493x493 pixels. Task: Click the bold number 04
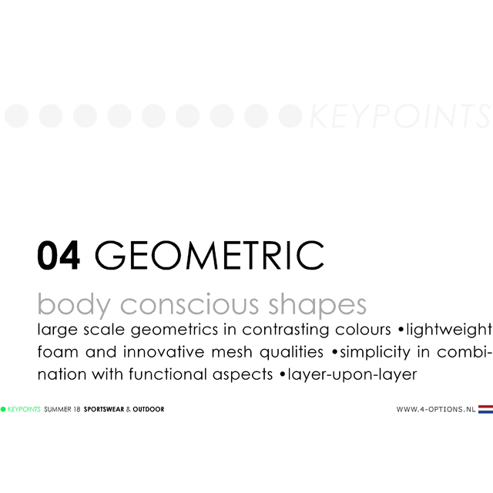pos(59,255)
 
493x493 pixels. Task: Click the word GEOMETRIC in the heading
pos(209,255)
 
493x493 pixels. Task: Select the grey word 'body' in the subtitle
pos(74,305)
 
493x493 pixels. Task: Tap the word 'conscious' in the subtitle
pos(189,305)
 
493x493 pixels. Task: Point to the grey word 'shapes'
pos(317,305)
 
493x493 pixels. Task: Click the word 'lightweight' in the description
pos(449,330)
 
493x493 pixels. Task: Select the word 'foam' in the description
pos(58,351)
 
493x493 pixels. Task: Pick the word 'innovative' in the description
pos(163,351)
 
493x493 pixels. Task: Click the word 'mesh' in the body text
pos(232,352)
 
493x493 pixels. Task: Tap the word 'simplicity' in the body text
pos(375,352)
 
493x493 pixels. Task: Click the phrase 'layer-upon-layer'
pos(352,375)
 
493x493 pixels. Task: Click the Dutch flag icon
pos(485,409)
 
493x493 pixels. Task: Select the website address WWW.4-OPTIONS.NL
pos(436,409)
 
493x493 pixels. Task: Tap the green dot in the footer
pos(3,409)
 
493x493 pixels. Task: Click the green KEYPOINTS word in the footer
pos(24,409)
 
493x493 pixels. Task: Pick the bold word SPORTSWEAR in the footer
pos(104,409)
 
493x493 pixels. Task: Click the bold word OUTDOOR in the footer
pos(149,409)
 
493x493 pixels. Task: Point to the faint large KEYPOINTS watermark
pos(400,116)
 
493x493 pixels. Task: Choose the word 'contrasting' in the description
pos(285,330)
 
